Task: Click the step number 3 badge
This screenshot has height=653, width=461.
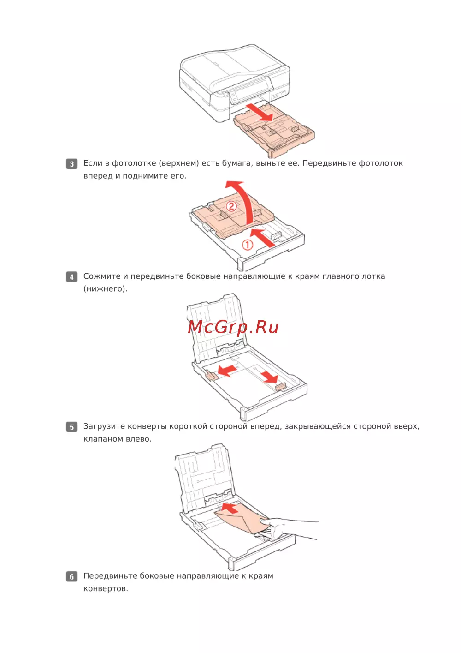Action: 71,164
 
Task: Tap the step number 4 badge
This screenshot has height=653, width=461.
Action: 71,276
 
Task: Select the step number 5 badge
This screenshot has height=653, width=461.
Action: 71,427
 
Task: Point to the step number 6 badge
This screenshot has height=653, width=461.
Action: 71,576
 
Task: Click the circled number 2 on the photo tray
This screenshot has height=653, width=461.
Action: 231,207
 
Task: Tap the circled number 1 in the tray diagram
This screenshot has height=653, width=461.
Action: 248,245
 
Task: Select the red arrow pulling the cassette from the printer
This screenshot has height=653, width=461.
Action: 259,112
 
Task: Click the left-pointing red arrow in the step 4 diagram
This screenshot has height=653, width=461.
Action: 227,371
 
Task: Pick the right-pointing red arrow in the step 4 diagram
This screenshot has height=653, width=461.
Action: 270,377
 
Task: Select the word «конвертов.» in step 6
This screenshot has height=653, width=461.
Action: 106,588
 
